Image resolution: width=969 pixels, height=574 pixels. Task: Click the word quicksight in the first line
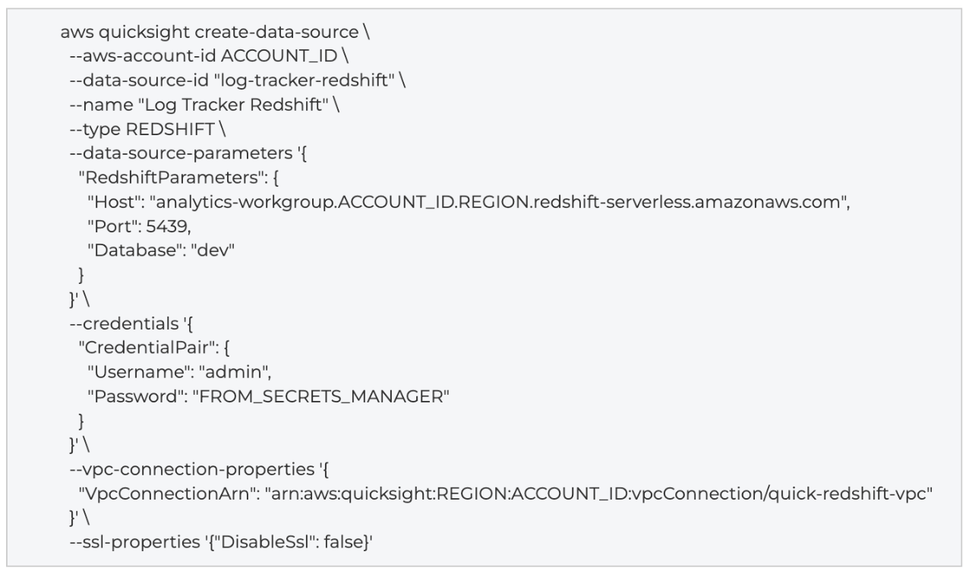tap(144, 33)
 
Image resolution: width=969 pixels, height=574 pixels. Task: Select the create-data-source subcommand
tap(277, 32)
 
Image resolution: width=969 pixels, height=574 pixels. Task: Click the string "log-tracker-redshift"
tap(305, 80)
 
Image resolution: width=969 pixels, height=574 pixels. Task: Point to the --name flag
tap(102, 105)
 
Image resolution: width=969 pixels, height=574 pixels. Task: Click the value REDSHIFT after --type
tap(170, 129)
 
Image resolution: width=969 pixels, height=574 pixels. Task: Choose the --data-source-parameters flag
tap(181, 153)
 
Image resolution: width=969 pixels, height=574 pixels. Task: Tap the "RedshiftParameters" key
tap(172, 178)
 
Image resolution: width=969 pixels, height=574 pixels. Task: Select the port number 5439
tap(166, 226)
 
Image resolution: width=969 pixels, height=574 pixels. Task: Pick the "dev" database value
tap(213, 251)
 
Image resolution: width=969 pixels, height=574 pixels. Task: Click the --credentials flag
tap(124, 323)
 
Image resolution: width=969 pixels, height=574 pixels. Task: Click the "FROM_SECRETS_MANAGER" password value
tap(321, 396)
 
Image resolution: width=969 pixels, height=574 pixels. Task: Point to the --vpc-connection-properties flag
tap(192, 469)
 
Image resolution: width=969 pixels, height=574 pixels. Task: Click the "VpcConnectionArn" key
tap(167, 494)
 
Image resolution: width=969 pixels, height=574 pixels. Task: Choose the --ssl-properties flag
tap(135, 542)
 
